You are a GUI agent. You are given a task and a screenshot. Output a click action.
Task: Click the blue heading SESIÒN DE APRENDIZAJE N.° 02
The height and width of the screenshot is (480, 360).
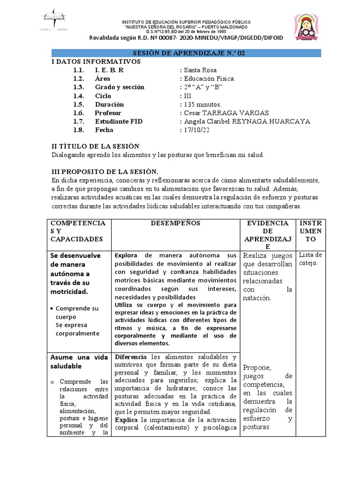click(x=186, y=53)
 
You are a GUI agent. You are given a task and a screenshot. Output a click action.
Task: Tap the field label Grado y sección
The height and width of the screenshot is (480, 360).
click(x=120, y=87)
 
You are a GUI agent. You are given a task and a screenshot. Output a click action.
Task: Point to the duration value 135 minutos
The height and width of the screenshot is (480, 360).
click(x=202, y=104)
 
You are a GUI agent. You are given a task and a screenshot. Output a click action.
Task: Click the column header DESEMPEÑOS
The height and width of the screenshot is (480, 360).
click(x=175, y=224)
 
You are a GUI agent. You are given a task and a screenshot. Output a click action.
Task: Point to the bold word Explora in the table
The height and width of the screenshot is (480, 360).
click(x=126, y=255)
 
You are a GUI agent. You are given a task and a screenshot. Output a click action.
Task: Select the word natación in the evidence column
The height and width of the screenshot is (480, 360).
click(x=257, y=298)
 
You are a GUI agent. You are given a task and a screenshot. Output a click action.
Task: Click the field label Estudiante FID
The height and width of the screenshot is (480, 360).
click(x=119, y=121)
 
